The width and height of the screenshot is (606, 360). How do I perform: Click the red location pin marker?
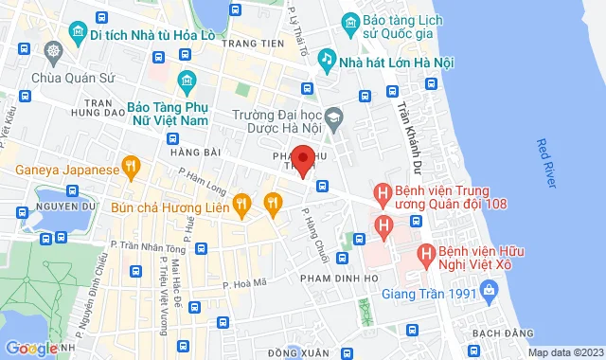click(x=302, y=159)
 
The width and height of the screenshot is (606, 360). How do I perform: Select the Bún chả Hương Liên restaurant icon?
click(x=242, y=201)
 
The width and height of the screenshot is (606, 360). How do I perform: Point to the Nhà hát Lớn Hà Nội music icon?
click(x=327, y=59)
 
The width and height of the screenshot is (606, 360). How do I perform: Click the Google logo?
click(x=30, y=348)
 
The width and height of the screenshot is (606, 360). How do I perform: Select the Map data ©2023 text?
click(x=564, y=352)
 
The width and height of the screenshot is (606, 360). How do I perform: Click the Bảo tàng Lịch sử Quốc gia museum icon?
click(x=350, y=21)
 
